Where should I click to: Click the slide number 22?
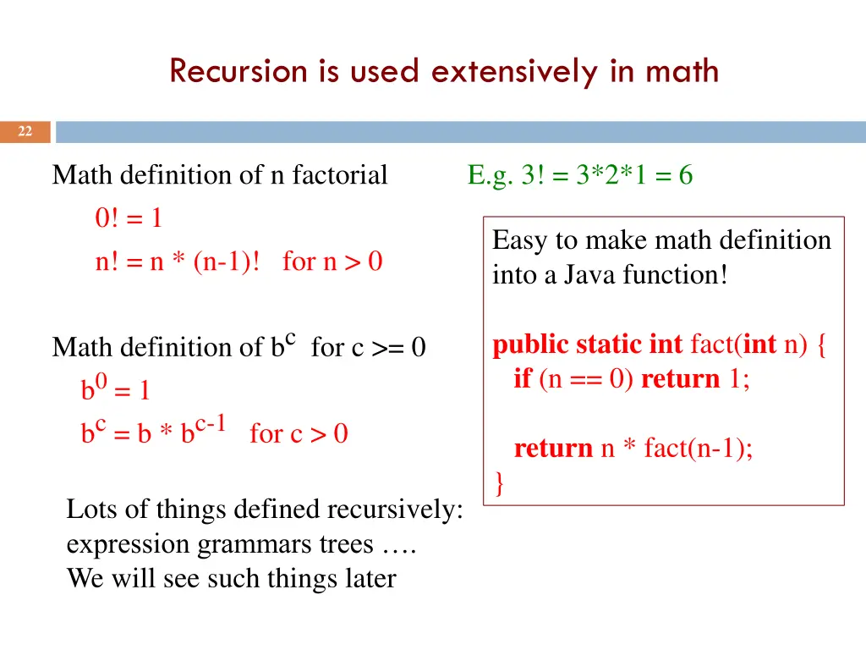25,132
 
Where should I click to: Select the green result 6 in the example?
685,175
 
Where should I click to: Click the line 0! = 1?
129,218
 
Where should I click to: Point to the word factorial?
340,175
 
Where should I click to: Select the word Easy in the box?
520,240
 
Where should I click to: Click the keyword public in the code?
530,345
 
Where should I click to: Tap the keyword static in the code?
609,345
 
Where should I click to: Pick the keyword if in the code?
522,378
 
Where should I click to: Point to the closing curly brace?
499,483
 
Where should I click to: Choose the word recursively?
395,510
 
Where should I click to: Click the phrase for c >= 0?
368,347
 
